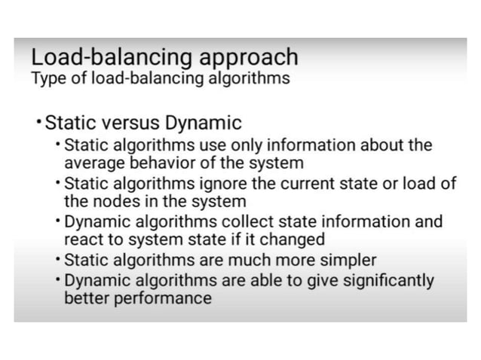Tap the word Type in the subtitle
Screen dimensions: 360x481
pos(47,78)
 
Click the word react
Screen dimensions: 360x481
pos(83,240)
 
